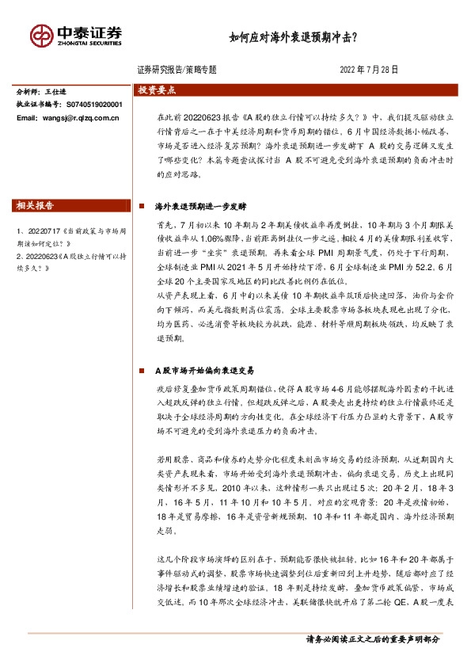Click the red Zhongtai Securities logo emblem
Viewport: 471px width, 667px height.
43,36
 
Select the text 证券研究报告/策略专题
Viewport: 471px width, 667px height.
177,70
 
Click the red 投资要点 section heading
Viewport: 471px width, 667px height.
157,90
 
